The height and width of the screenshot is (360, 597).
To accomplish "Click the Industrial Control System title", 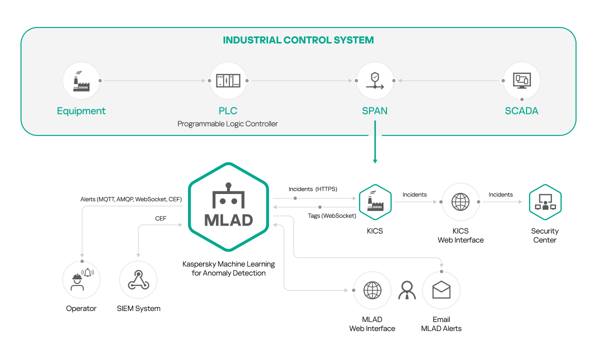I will [x=298, y=40].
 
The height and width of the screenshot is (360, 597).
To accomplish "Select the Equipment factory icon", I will [x=81, y=81].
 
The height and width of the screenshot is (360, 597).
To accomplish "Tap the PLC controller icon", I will [x=228, y=81].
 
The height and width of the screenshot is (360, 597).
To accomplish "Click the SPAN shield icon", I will [x=374, y=81].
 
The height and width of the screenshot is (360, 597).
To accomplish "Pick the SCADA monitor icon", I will [x=521, y=80].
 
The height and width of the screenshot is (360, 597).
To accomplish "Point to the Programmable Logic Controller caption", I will [x=227, y=123].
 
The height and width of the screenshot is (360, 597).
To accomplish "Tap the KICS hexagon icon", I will [x=375, y=202].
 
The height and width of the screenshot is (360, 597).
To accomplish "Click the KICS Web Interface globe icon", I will [x=460, y=202].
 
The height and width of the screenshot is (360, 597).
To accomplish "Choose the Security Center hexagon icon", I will [x=545, y=202].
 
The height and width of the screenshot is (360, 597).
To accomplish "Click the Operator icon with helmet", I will [x=81, y=280].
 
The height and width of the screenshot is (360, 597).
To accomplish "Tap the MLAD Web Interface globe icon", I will [x=372, y=290].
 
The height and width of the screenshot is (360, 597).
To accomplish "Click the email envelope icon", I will [x=441, y=290].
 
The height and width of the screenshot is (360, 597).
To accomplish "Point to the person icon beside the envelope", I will [x=407, y=290].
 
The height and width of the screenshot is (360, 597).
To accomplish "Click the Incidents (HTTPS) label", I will [x=313, y=189].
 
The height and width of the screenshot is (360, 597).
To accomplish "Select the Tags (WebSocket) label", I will [x=331, y=215].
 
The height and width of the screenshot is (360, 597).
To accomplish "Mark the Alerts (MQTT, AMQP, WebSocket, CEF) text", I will [x=131, y=199].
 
